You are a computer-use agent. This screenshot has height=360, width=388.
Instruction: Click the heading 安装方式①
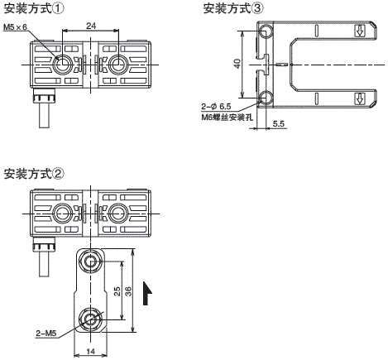pyautogui.click(x=34, y=8)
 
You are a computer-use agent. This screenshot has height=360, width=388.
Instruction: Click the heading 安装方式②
pyautogui.click(x=34, y=174)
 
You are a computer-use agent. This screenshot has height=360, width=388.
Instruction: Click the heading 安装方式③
pyautogui.click(x=233, y=8)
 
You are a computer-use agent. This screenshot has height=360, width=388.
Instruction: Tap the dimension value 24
pyautogui.click(x=91, y=26)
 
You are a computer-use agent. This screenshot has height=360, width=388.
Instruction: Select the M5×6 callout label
pyautogui.click(x=16, y=27)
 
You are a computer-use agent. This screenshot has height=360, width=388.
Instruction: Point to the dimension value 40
pyautogui.click(x=237, y=64)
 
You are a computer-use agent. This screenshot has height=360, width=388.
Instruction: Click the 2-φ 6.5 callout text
pyautogui.click(x=216, y=107)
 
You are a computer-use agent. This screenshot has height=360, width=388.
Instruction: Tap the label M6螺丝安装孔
pyautogui.click(x=227, y=118)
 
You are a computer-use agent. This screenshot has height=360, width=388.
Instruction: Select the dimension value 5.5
pyautogui.click(x=278, y=123)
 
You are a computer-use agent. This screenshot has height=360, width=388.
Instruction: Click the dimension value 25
pyautogui.click(x=117, y=291)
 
